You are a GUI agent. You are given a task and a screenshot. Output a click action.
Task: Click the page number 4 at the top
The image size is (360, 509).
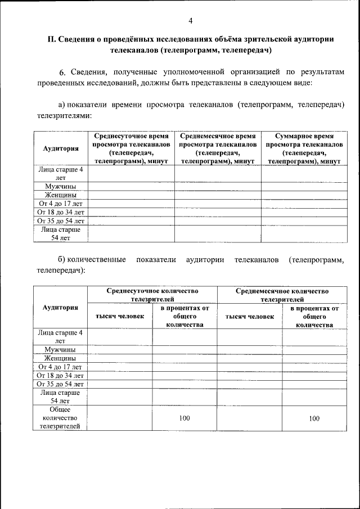190,21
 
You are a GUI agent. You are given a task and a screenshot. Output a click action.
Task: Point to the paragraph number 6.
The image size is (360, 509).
62,73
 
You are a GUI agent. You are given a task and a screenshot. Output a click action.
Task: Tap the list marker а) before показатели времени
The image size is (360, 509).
62,105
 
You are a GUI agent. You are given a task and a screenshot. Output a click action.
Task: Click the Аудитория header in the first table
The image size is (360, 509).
61,148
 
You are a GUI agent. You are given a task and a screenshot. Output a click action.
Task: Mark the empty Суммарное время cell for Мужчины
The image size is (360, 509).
304,186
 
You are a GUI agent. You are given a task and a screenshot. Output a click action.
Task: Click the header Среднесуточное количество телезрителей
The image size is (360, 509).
153,295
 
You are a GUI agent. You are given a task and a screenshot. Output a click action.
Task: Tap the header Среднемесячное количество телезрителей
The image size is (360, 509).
282,295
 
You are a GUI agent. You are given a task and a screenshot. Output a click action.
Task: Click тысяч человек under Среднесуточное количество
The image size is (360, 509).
120,316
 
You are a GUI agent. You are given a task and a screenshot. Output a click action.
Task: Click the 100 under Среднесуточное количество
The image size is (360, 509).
184,418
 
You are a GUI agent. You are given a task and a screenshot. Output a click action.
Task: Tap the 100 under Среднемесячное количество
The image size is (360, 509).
314,418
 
